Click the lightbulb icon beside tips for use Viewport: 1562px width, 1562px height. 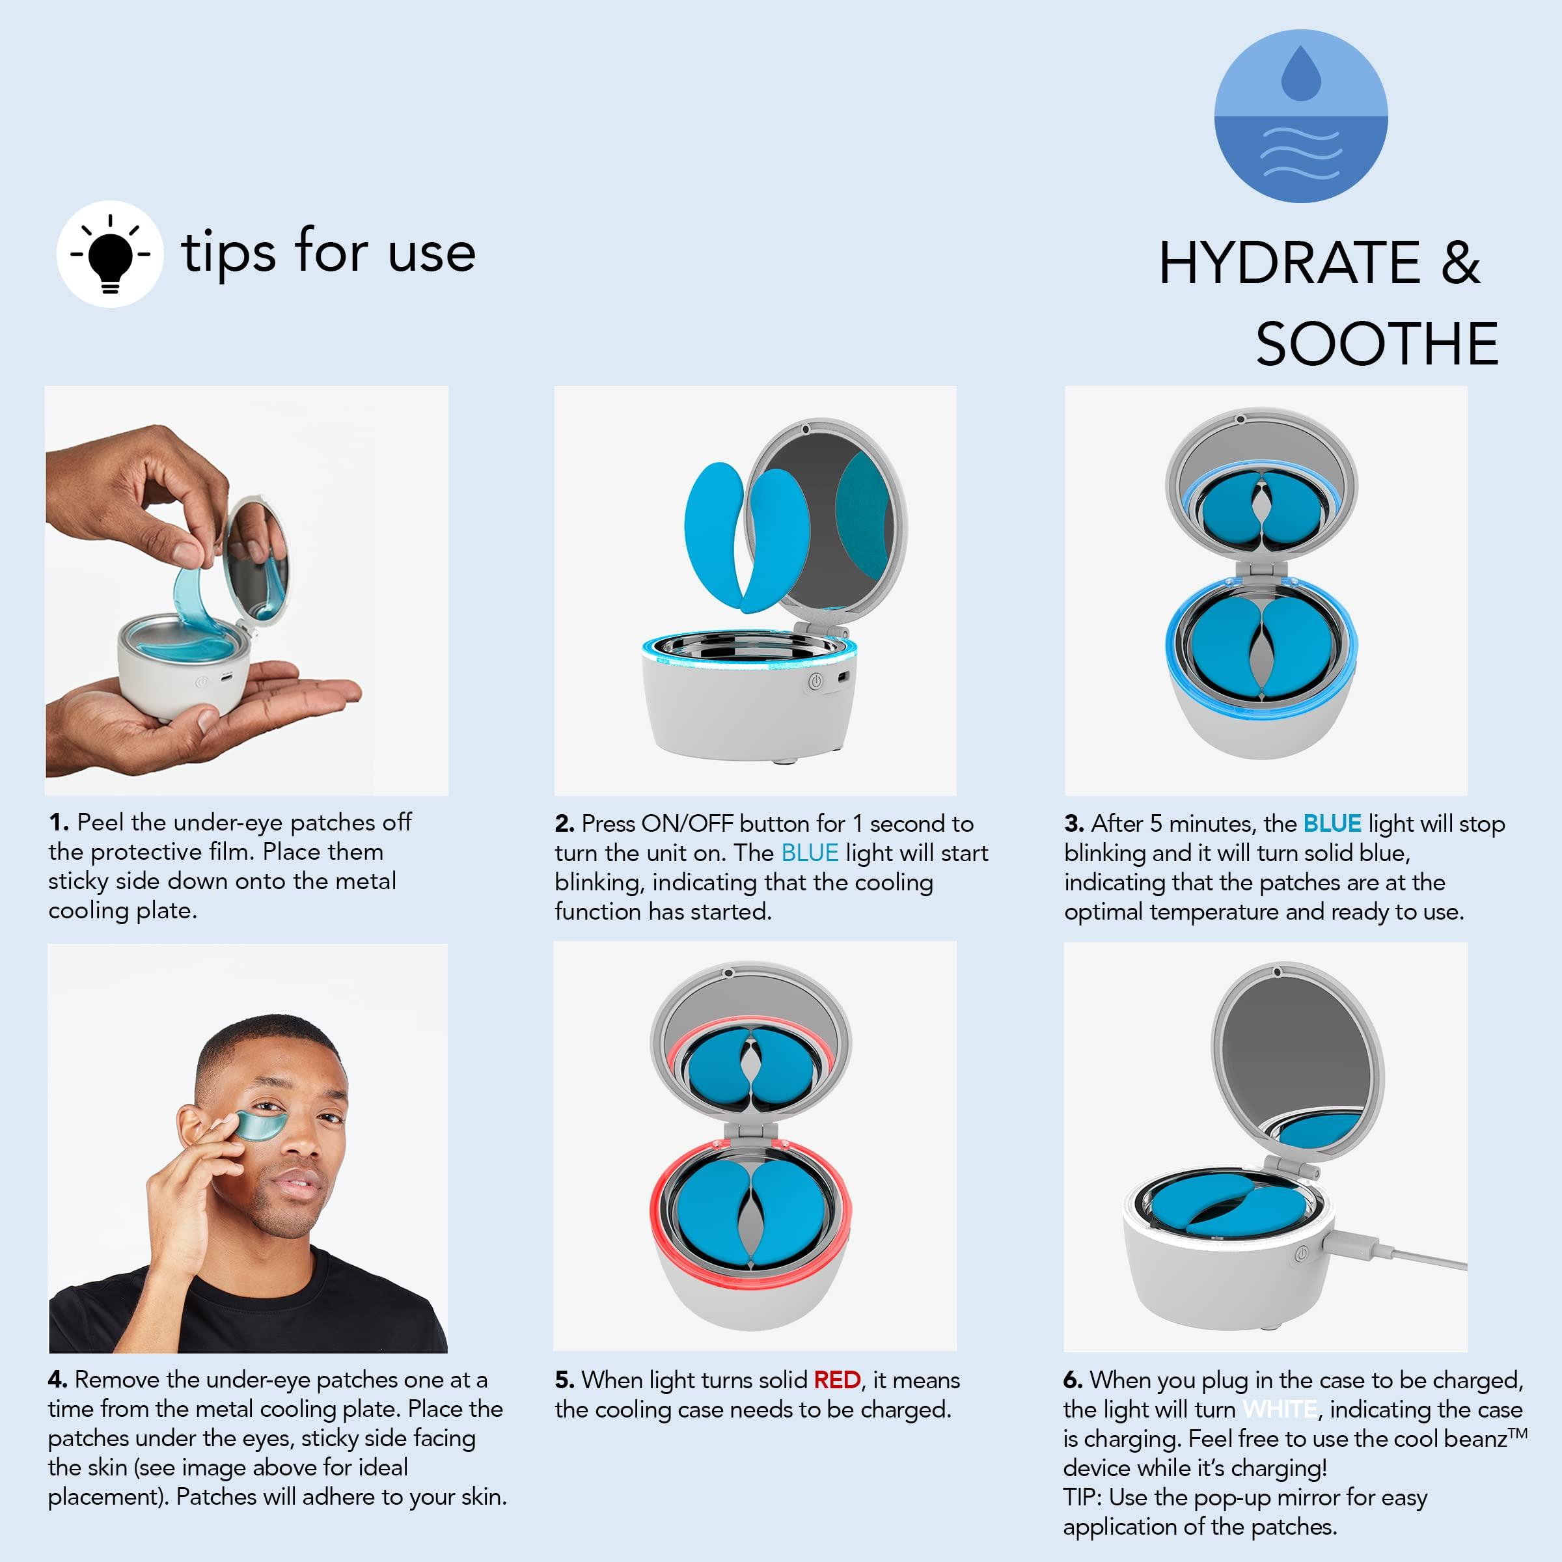pyautogui.click(x=110, y=254)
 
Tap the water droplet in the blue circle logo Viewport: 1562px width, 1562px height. pyautogui.click(x=1301, y=74)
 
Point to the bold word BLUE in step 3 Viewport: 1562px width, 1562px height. pyautogui.click(x=1332, y=824)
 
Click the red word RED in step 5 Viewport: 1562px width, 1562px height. pyautogui.click(x=837, y=1380)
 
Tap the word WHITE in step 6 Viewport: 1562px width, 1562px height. pyautogui.click(x=1280, y=1409)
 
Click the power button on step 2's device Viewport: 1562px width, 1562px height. pyautogui.click(x=815, y=681)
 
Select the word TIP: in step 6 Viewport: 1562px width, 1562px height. pyautogui.click(x=1082, y=1498)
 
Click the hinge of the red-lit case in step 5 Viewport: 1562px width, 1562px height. pyautogui.click(x=750, y=1132)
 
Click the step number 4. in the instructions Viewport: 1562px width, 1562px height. pyautogui.click(x=57, y=1380)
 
